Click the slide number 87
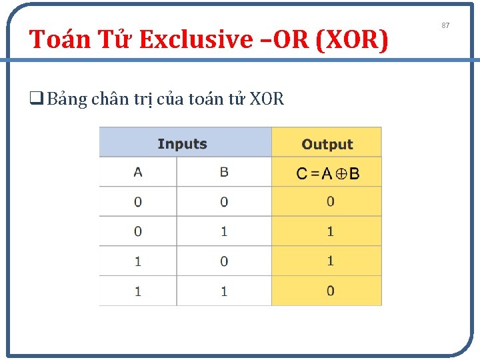[446, 25]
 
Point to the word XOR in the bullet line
[267, 99]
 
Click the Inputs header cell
[182, 144]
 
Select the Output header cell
[327, 144]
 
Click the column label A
[138, 172]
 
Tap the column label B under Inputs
[224, 172]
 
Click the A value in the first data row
[138, 201]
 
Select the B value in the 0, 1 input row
[224, 231]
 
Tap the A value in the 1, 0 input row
[138, 261]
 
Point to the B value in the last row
[224, 291]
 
